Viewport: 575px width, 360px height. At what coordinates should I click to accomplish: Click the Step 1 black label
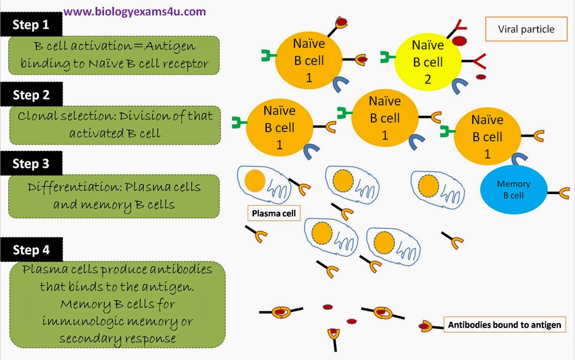point(31,24)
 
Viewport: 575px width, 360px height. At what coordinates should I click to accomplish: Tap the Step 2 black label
point(31,95)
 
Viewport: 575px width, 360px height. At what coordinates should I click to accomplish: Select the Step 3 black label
point(31,164)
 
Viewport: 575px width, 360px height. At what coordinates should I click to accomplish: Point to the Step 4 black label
point(31,250)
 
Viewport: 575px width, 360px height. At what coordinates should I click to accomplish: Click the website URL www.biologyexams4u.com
point(134,12)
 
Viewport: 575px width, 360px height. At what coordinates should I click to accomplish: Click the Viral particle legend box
point(526,29)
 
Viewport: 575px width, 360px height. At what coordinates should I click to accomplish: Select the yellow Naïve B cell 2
point(428,62)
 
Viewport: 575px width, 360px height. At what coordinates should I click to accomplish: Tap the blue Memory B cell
point(514,190)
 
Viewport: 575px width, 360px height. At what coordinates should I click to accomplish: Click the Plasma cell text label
point(273,213)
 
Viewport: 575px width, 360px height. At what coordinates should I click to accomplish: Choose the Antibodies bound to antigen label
point(504,325)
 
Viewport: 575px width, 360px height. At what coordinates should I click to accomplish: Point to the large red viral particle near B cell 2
point(459,40)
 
